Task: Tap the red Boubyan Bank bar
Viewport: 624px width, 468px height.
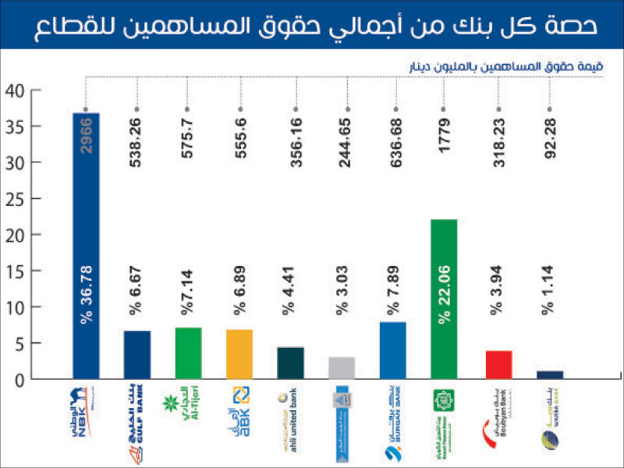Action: click(x=498, y=364)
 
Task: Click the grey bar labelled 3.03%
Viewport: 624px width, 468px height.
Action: click(x=342, y=367)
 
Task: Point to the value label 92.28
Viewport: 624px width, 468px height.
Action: click(x=549, y=133)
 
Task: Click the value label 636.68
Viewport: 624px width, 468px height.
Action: click(x=395, y=133)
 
